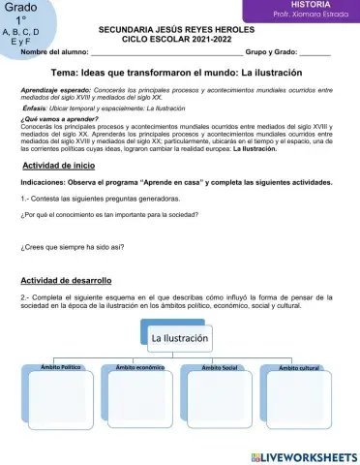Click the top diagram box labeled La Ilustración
[x=179, y=339]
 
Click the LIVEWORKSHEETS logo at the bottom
[x=303, y=456]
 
